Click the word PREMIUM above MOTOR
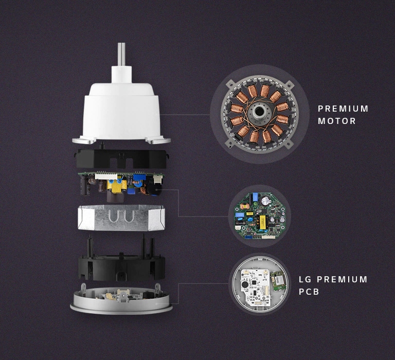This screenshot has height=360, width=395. [343, 109]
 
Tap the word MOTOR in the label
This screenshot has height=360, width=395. [336, 121]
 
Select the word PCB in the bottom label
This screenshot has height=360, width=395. [309, 292]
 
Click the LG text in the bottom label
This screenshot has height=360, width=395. [305, 279]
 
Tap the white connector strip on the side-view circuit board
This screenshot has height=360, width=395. [103, 176]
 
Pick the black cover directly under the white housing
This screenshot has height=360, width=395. [121, 159]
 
